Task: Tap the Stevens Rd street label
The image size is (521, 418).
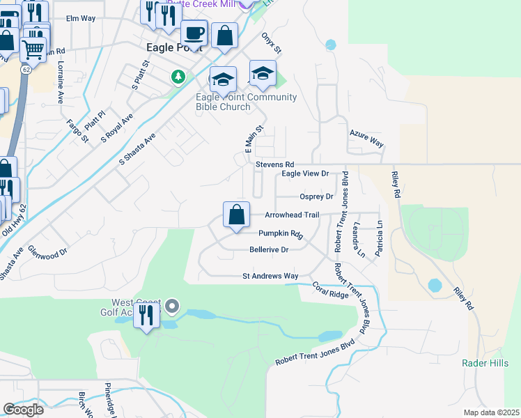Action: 274,164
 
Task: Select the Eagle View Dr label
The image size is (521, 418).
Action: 304,173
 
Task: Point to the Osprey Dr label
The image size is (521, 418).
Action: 316,197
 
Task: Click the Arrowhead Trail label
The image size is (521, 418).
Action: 292,215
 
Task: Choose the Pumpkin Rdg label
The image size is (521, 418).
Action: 281,234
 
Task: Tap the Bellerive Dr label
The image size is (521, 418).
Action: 269,249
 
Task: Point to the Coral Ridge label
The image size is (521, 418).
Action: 329,291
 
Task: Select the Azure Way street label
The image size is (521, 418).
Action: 366,142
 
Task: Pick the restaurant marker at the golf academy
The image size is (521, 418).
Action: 146,318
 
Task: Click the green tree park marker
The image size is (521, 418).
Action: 179,75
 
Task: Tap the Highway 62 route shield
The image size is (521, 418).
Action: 26,70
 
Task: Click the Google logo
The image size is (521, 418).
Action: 23,410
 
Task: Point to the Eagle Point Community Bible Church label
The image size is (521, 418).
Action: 246,102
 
